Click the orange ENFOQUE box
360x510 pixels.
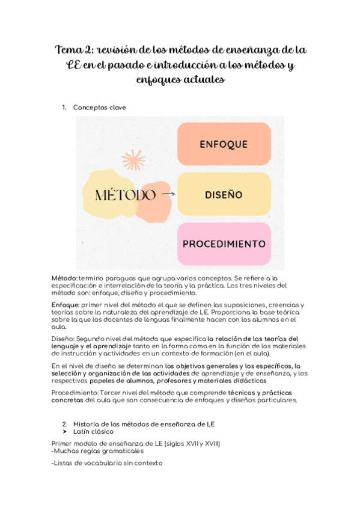(224, 144)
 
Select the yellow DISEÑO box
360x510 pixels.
(224, 194)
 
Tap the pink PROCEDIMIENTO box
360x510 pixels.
(224, 244)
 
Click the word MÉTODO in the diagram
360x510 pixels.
(126, 195)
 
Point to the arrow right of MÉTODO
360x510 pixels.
(168, 194)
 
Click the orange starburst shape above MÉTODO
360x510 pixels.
(133, 160)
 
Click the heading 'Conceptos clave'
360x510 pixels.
(99, 107)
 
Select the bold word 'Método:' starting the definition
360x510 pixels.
(64, 278)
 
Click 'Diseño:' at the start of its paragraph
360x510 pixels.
(64, 339)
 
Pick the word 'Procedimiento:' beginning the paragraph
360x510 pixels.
(75, 392)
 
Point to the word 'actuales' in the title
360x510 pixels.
(205, 79)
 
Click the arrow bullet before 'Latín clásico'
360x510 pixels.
(64, 432)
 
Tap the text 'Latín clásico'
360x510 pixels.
(93, 432)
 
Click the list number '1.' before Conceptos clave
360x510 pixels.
(64, 107)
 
